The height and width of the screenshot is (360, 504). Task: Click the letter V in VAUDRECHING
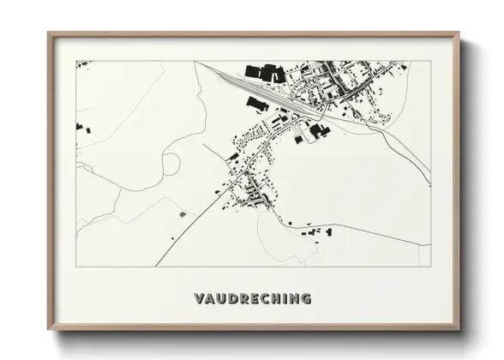tap(199, 299)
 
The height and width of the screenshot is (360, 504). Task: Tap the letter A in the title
tap(210, 299)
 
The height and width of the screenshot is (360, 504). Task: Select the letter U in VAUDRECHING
tap(222, 299)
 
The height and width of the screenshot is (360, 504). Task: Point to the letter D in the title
tap(233, 299)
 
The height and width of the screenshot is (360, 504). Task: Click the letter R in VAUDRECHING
tap(244, 299)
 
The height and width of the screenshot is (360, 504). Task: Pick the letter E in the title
tap(255, 299)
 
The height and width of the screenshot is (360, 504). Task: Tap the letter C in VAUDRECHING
tap(265, 299)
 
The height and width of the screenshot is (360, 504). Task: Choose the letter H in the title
tap(276, 299)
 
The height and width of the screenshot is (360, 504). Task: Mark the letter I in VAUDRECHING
tap(285, 299)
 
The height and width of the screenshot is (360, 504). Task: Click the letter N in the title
tap(293, 299)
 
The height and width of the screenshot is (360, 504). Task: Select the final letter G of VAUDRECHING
tap(305, 299)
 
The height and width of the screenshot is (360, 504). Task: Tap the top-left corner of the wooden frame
tap(49, 34)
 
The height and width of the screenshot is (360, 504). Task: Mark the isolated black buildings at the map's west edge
tap(79, 127)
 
